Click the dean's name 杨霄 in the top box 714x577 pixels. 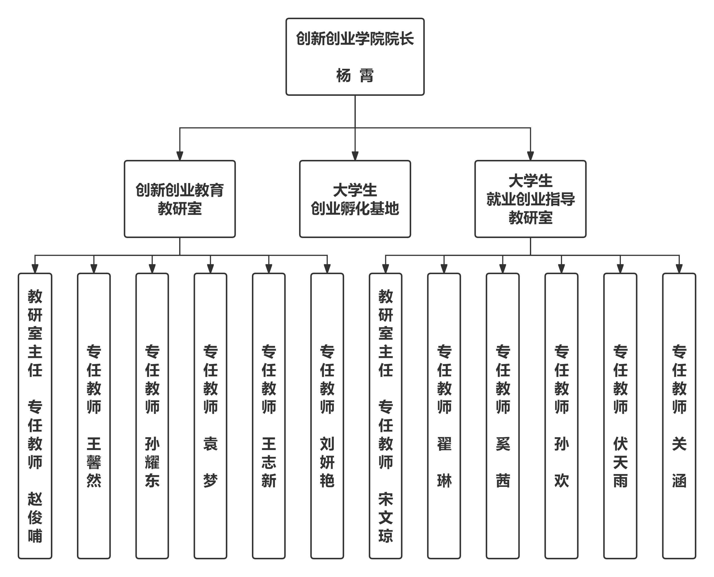tap(355, 75)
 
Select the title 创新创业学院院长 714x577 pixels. tap(355, 39)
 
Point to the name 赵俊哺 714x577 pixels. tap(35, 518)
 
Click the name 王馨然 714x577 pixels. tap(94, 462)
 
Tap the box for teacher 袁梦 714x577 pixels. tap(210, 415)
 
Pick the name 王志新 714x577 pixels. tap(269, 462)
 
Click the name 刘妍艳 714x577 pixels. tap(327, 462)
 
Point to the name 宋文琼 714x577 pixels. tap(386, 518)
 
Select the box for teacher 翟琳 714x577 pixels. tap(444, 415)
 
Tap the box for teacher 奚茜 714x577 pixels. tap(503, 415)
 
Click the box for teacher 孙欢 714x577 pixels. tap(562, 415)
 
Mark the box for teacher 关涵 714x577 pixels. tap(679, 415)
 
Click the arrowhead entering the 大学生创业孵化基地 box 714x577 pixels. tap(355, 155)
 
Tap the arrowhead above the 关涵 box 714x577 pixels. tap(679, 268)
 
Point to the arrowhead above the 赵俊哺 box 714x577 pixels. tap(35, 268)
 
